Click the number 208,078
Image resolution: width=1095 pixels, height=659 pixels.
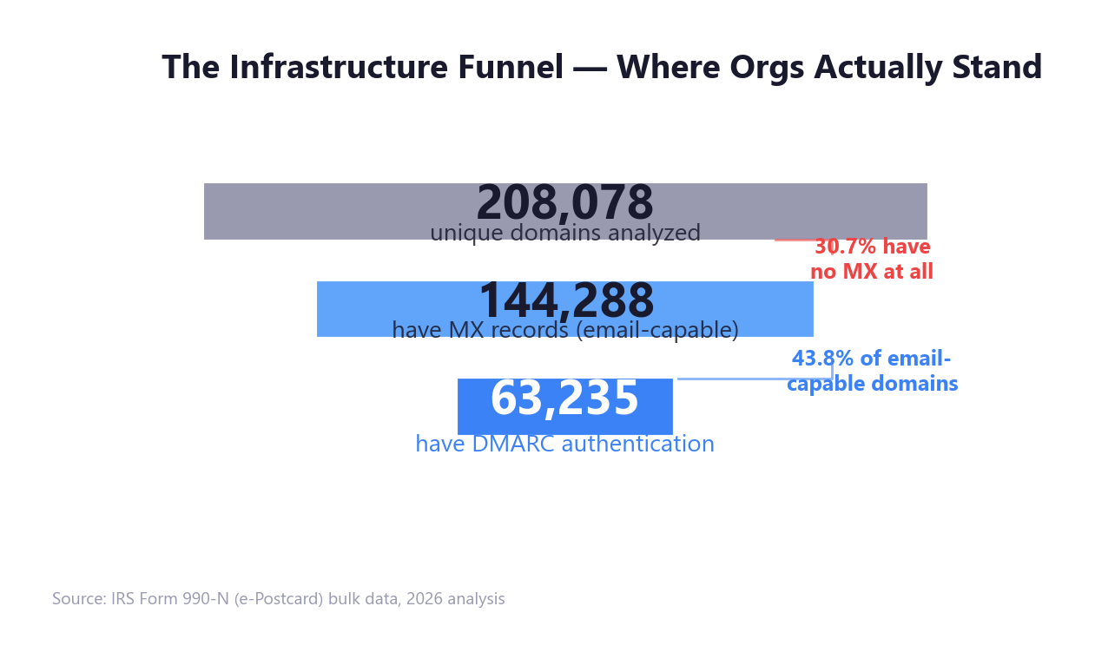click(564, 203)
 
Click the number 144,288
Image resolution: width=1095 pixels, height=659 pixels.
click(566, 301)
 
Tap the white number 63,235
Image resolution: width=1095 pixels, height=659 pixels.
click(564, 399)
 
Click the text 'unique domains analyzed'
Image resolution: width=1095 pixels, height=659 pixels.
click(564, 234)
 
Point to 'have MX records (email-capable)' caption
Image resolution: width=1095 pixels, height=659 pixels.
click(564, 331)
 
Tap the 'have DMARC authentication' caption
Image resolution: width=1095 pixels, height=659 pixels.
click(564, 445)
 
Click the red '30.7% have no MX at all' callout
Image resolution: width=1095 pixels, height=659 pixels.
click(872, 260)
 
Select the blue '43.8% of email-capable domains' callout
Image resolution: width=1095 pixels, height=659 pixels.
click(872, 372)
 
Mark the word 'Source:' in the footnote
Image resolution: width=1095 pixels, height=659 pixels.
click(79, 599)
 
